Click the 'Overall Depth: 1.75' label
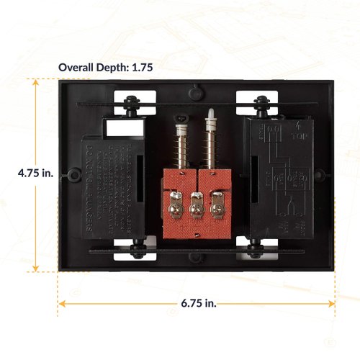107,68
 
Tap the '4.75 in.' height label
36,174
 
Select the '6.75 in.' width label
198,304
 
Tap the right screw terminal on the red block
215,209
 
